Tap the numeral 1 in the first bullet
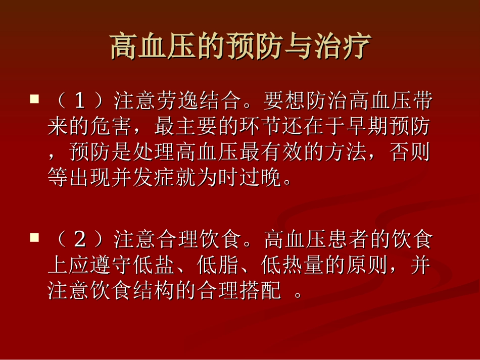tap(79, 101)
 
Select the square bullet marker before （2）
tap(34, 237)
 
